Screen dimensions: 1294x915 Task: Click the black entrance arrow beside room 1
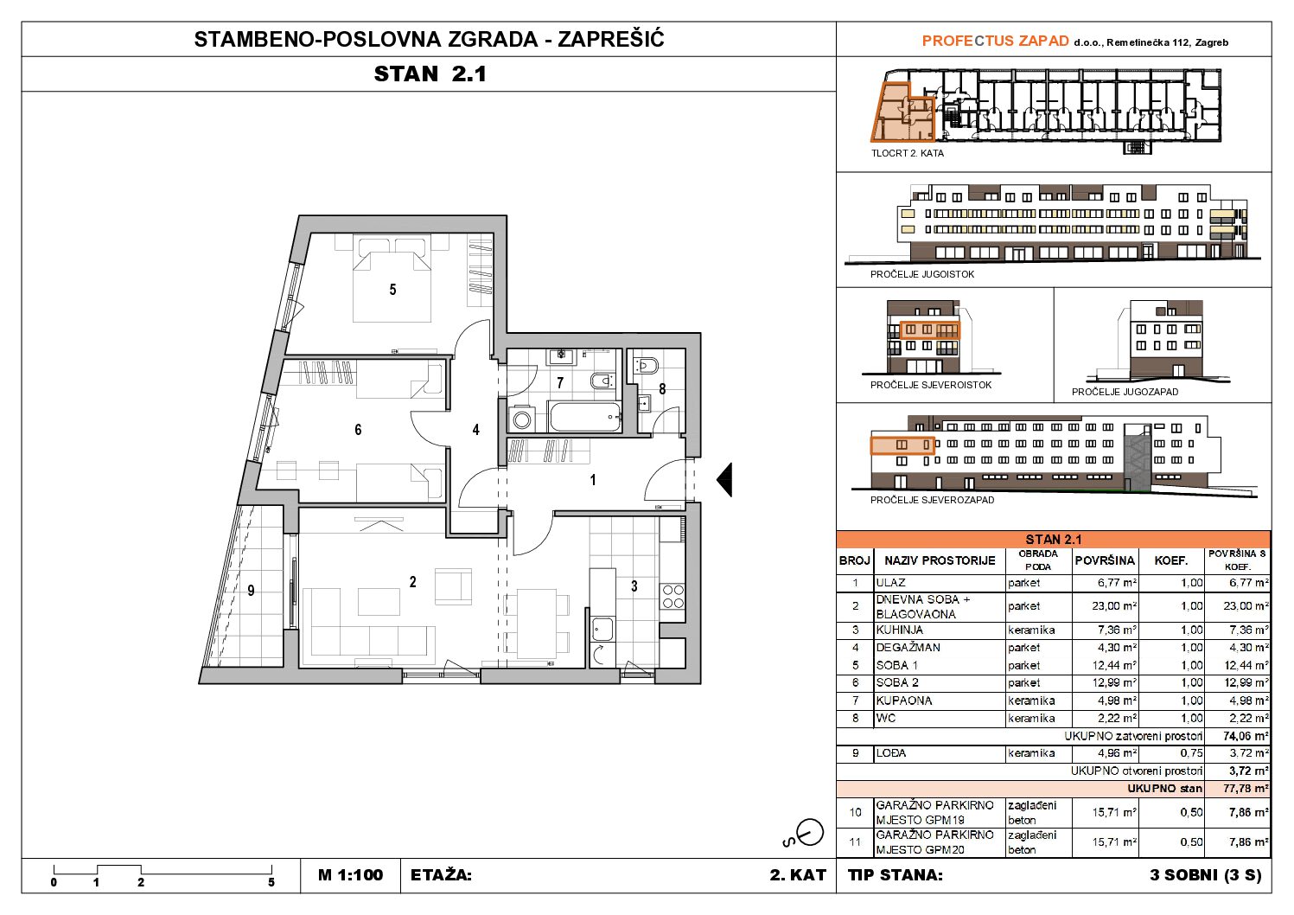725,480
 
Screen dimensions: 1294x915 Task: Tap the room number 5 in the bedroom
392,290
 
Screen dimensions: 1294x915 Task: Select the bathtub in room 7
585,416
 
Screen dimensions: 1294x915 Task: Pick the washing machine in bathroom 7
522,419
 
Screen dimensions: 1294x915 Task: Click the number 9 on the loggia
251,590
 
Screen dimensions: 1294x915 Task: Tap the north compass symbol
807,834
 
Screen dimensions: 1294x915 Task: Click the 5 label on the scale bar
271,883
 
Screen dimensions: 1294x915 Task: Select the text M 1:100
350,875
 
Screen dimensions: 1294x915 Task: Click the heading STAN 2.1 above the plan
430,74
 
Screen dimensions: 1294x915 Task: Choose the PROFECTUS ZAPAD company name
995,41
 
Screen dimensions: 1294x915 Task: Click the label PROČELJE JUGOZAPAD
1125,392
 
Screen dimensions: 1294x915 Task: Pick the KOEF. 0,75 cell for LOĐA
1192,753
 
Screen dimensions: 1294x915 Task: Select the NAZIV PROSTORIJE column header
940,560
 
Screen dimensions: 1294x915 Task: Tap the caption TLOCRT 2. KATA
908,153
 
